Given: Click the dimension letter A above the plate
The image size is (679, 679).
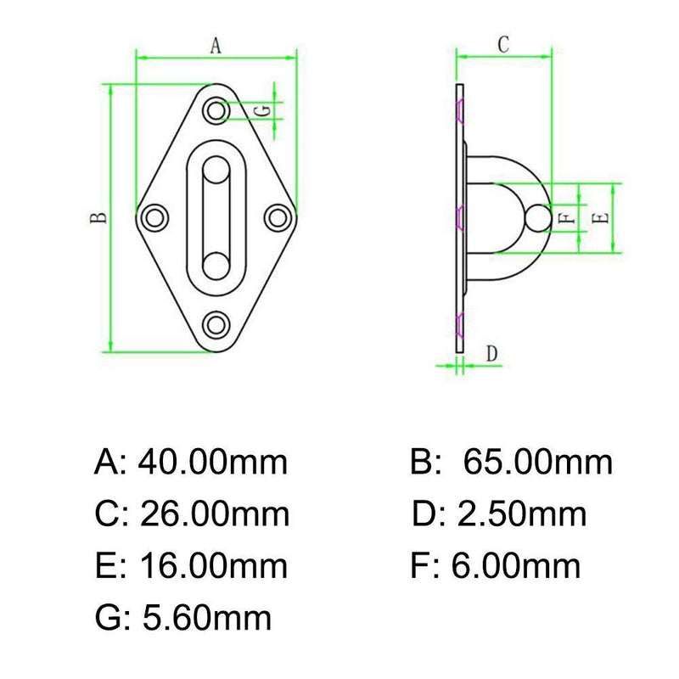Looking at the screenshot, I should click(216, 48).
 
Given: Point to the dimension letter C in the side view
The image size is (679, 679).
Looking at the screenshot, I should click(502, 45).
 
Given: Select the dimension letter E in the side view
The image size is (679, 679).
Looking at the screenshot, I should click(600, 217).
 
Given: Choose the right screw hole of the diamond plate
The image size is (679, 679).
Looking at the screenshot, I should click(277, 217).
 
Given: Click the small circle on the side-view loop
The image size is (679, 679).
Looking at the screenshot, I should click(536, 217).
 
